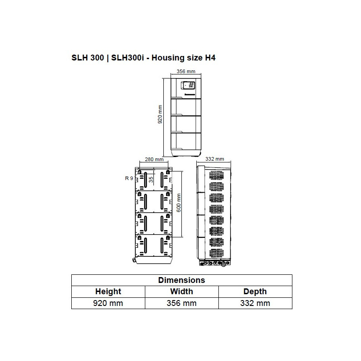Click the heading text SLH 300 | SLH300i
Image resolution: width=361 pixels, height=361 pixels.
[x=106, y=58]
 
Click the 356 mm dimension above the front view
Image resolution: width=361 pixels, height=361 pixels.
[x=186, y=71]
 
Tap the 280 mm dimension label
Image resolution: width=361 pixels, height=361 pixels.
[x=154, y=159]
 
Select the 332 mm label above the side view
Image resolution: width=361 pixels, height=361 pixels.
[x=215, y=159]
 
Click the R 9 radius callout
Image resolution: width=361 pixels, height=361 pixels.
[x=129, y=178]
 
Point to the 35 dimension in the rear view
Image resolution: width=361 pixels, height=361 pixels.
[x=151, y=179]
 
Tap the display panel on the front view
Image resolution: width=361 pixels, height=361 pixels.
[x=188, y=85]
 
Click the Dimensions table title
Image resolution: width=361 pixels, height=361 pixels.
[x=181, y=280]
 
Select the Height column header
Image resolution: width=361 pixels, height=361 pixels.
[x=108, y=292]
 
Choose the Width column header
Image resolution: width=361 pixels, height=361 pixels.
[x=181, y=292]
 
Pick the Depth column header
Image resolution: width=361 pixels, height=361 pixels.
[x=255, y=292]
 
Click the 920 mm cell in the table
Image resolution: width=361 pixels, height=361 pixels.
[x=108, y=303]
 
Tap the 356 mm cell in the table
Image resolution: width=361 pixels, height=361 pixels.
[x=181, y=303]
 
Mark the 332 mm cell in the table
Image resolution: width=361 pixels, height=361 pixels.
[x=255, y=303]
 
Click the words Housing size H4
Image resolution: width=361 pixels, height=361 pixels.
[x=186, y=58]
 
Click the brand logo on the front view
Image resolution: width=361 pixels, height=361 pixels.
[x=188, y=95]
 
